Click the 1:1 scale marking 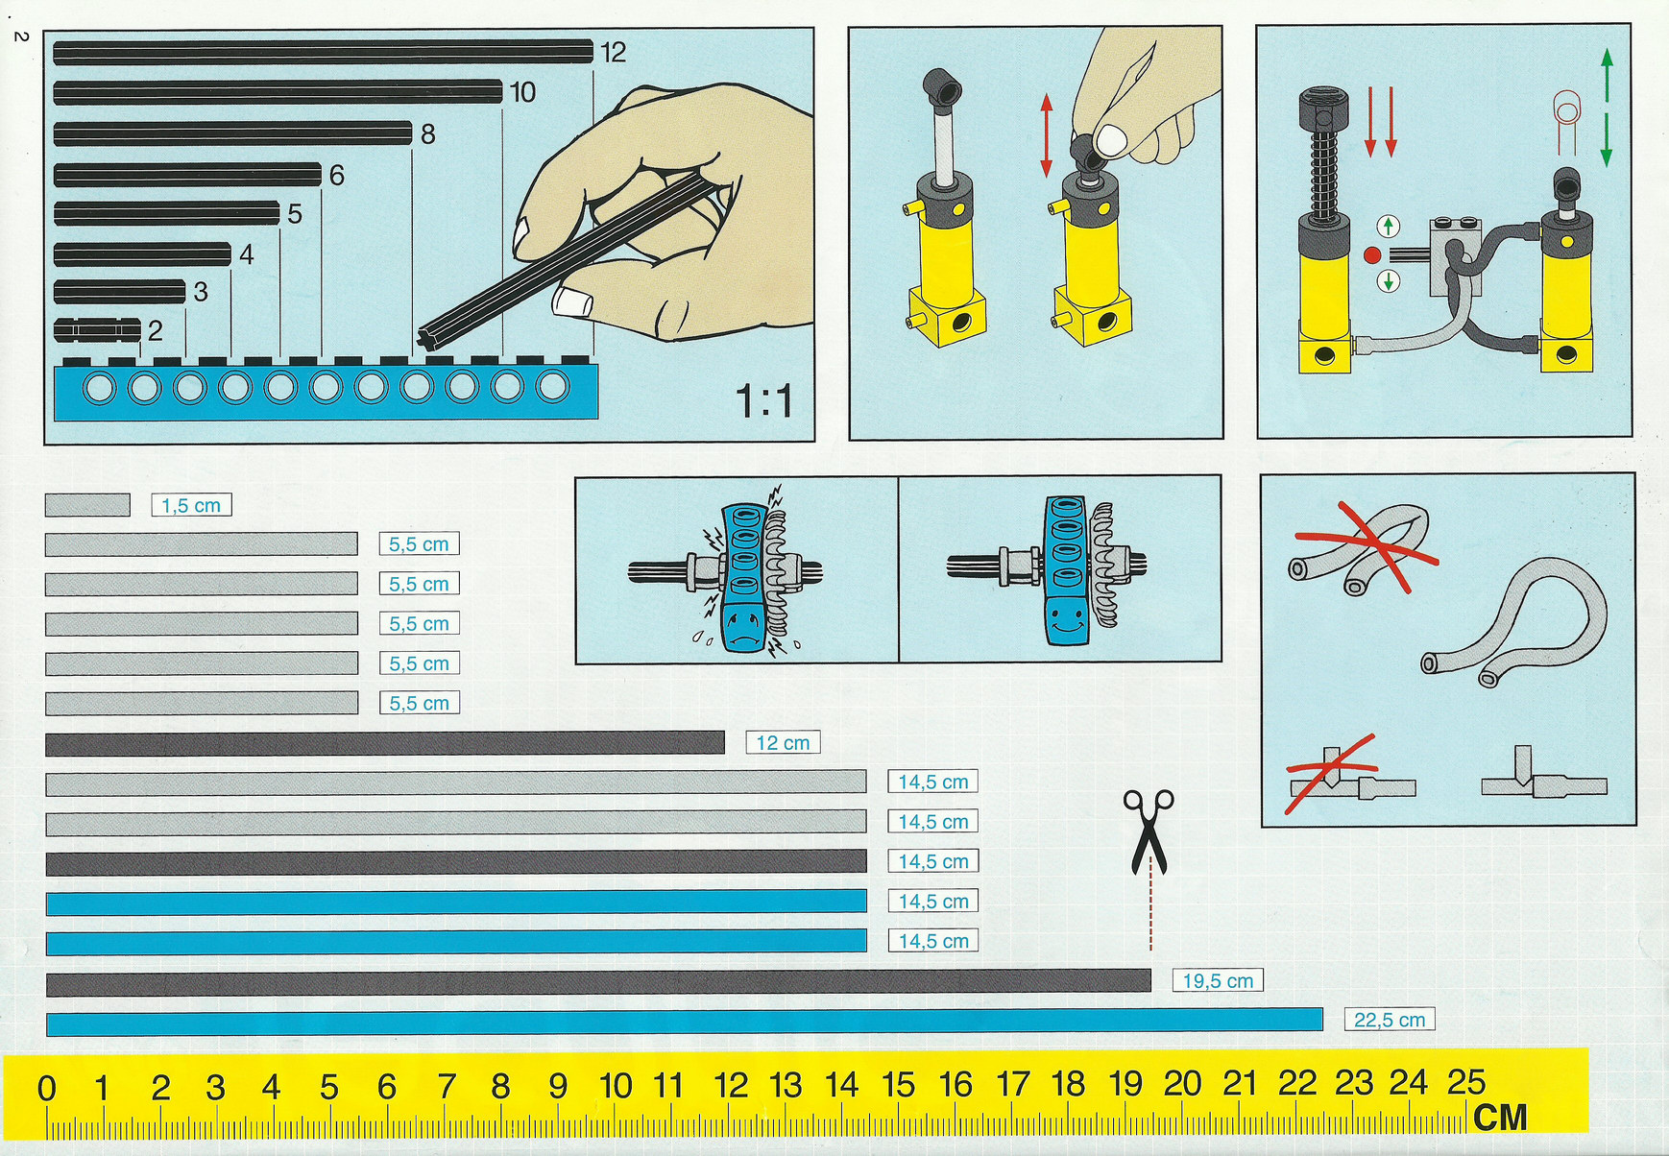(765, 400)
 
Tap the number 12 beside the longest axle (614, 52)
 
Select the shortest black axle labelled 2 (97, 330)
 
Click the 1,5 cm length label (191, 505)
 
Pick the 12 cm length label (783, 742)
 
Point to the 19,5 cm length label (1218, 980)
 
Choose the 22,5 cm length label (1390, 1020)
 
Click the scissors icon (1149, 831)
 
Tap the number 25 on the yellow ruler (1466, 1082)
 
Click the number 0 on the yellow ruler (46, 1089)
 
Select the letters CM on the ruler (1500, 1118)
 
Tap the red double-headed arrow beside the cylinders (1047, 135)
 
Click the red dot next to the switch (1372, 255)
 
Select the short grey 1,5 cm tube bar (87, 505)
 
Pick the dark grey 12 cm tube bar (385, 743)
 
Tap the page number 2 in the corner (21, 36)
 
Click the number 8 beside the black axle (428, 134)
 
